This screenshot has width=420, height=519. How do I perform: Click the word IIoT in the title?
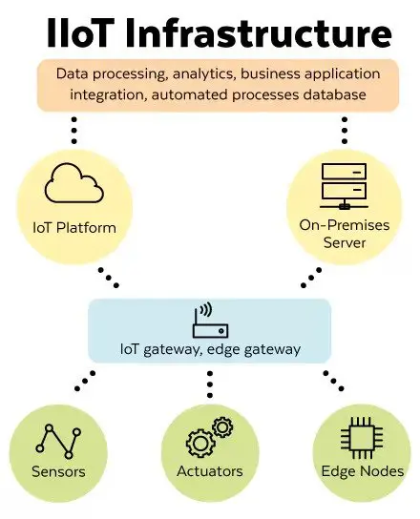pos(79,32)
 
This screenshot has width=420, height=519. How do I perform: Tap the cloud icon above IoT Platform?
pos(73,183)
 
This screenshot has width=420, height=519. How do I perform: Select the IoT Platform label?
pos(74,228)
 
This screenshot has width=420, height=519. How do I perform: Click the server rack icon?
pos(344,186)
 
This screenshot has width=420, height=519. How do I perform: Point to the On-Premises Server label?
pos(345,234)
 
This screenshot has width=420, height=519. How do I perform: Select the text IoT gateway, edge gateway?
pos(210,349)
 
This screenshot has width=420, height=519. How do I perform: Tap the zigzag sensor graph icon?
pos(58,441)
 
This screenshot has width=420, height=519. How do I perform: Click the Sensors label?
pos(58,471)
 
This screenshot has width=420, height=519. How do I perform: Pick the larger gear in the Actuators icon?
pos(200,444)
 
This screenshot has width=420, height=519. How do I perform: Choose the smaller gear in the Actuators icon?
pos(222,427)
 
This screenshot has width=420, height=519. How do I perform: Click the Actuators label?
pos(210,471)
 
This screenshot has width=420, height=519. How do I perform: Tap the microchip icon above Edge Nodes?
pos(362,438)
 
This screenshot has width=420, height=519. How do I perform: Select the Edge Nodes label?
pos(363,471)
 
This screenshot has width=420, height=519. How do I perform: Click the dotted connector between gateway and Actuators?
pos(210,384)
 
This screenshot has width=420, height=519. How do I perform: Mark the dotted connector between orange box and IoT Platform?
pos(74,130)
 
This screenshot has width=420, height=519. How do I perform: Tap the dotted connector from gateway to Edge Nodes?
pos(333,381)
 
